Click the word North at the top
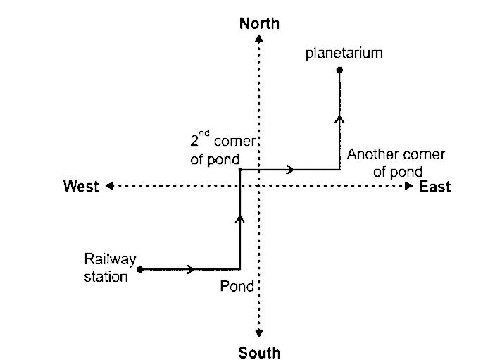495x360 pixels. click(x=259, y=24)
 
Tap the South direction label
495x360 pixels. click(x=259, y=352)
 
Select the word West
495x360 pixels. click(x=81, y=186)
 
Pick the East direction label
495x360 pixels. click(x=434, y=187)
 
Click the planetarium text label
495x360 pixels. click(x=344, y=53)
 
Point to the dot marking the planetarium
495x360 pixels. click(x=339, y=70)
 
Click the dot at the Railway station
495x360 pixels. click(x=140, y=268)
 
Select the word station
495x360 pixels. click(x=106, y=276)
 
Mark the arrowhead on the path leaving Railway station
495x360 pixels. click(x=192, y=269)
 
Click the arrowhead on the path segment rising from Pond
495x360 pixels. click(x=240, y=221)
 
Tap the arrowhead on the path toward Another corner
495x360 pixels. click(x=290, y=170)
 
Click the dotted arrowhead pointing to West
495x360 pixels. click(x=110, y=186)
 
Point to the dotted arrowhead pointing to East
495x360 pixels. click(x=409, y=186)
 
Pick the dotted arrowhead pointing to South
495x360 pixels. click(x=259, y=333)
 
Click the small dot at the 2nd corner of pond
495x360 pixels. click(x=240, y=170)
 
